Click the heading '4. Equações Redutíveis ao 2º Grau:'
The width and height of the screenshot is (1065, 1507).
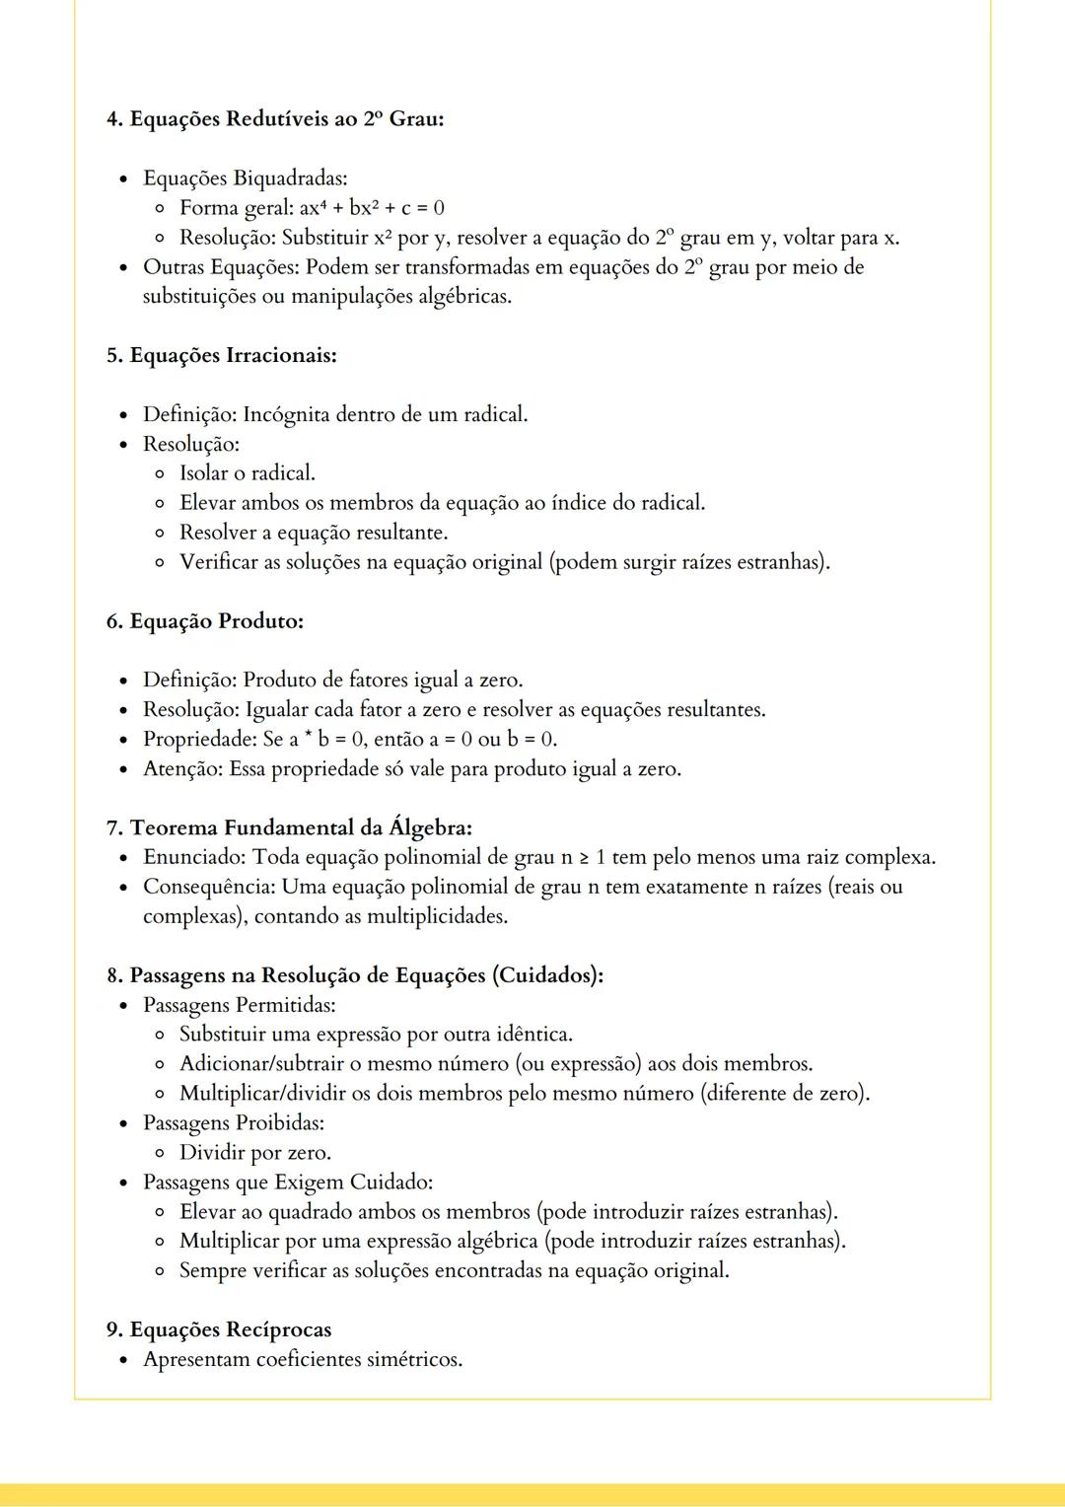click(x=275, y=119)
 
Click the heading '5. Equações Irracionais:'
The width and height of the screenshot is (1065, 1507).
click(x=222, y=355)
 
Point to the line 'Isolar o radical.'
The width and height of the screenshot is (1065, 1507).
click(x=247, y=473)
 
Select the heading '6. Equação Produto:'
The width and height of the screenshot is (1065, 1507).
click(x=205, y=621)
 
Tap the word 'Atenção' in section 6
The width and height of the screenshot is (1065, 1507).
click(x=182, y=769)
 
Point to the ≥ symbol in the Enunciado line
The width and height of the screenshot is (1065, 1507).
click(x=584, y=858)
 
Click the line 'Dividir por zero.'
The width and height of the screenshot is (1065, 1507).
click(x=254, y=1153)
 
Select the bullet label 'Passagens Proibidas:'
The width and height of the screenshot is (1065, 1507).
click(x=234, y=1123)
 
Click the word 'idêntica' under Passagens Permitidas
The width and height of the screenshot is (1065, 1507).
click(x=535, y=1035)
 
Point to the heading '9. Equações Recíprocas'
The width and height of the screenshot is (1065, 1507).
click(x=219, y=1330)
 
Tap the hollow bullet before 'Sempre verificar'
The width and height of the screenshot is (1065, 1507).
click(x=160, y=1271)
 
